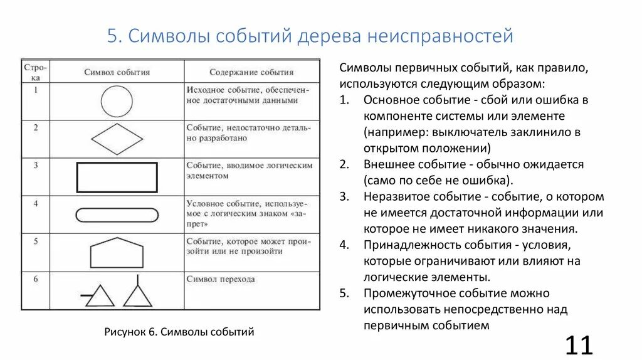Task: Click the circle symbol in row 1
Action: coord(117,100)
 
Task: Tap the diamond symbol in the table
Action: coord(117,138)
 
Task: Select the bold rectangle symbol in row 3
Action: coord(117,177)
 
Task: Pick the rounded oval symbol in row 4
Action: coord(117,214)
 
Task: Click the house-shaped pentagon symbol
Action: coord(117,253)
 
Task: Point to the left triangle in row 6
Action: coord(100,296)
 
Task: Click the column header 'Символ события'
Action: coord(117,72)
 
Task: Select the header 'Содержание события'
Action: coord(251,72)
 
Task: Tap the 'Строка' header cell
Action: coord(36,71)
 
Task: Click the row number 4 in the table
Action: coord(36,203)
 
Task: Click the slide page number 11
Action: coord(579,346)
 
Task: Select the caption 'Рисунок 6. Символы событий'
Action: coord(179,332)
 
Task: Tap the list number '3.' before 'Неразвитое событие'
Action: coord(344,197)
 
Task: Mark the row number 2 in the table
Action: coord(36,127)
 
